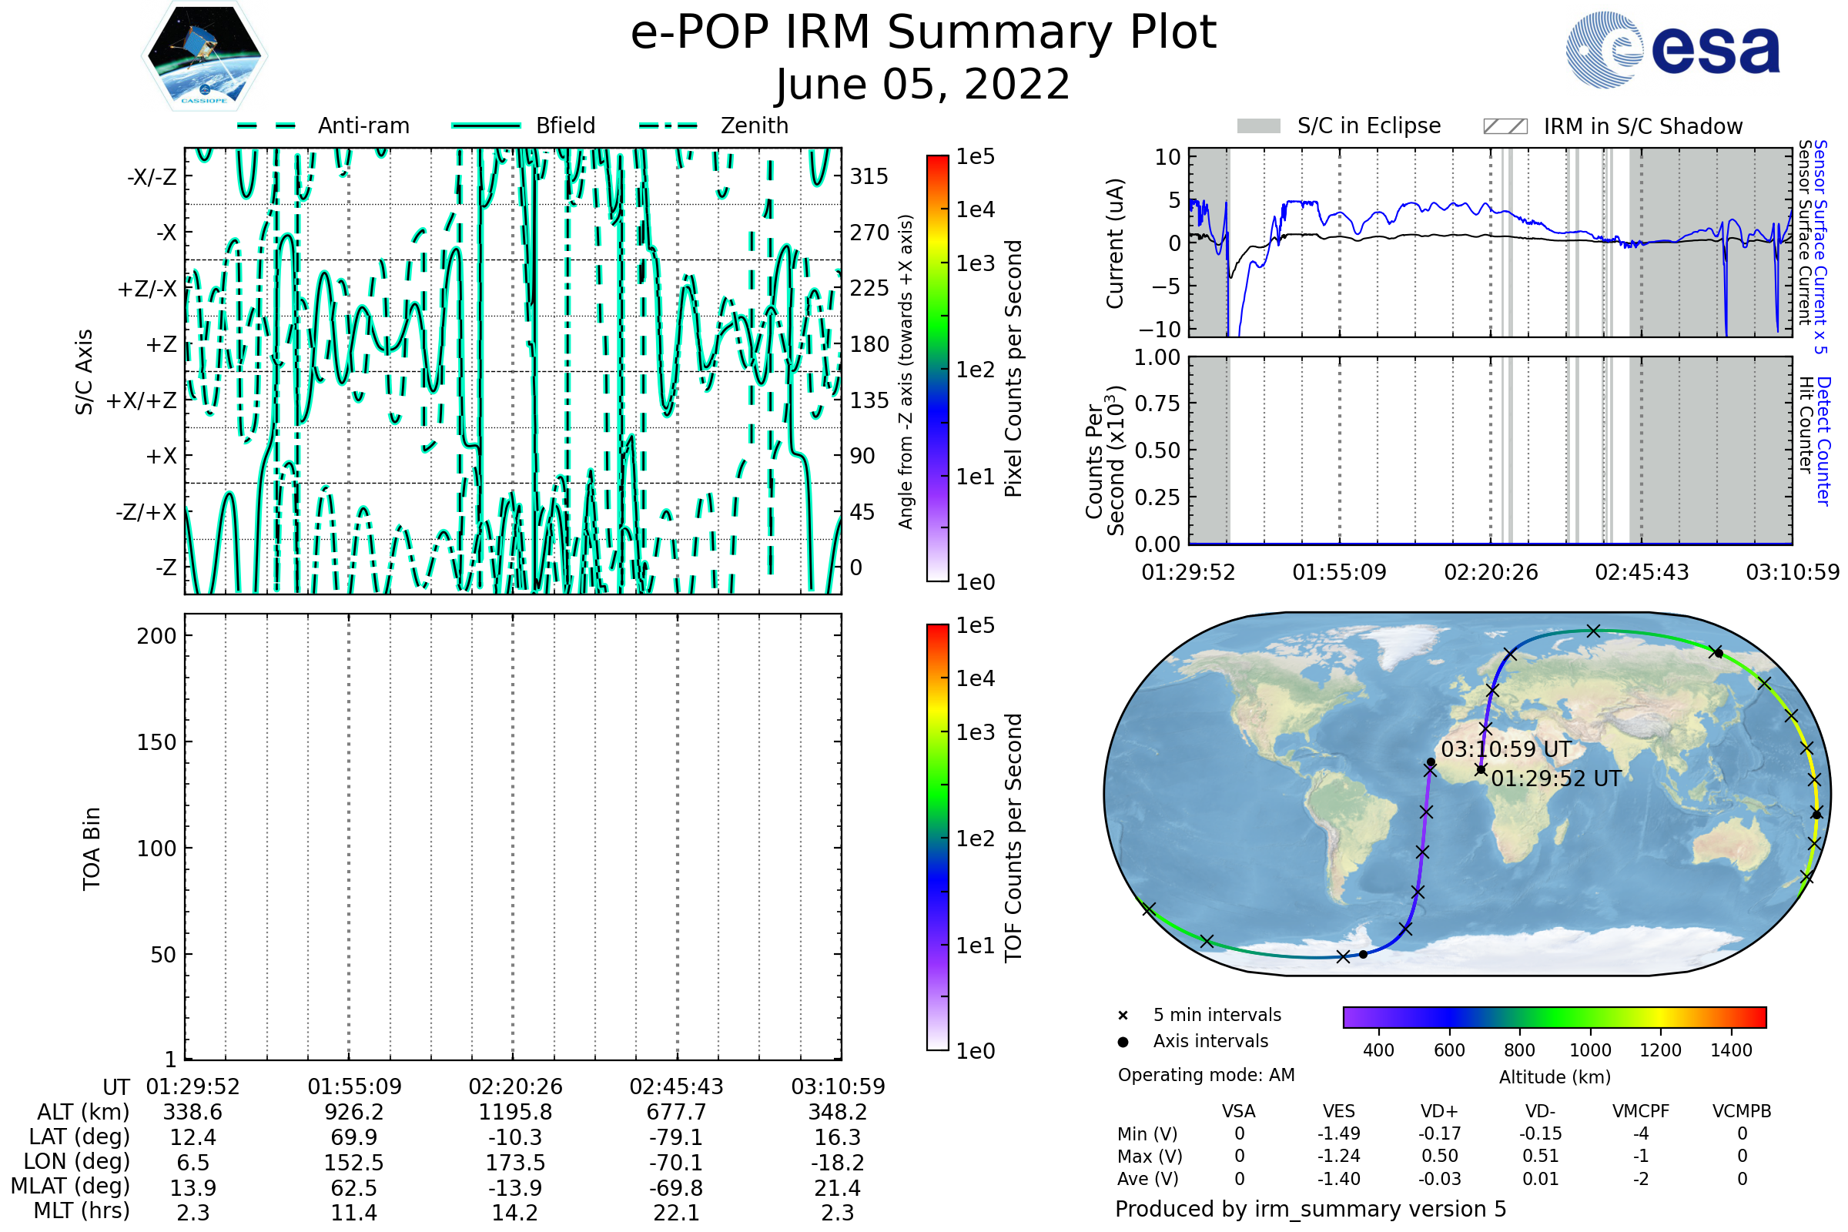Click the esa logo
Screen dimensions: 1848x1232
click(x=1672, y=49)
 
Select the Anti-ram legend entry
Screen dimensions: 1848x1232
click(x=323, y=126)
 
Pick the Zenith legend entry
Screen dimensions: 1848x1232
click(x=714, y=126)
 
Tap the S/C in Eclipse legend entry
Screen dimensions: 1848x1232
click(x=1339, y=126)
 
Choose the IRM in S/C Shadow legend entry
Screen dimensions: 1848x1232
click(x=1613, y=126)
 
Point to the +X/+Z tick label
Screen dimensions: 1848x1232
click(x=142, y=400)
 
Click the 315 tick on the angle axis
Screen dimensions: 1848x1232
click(x=869, y=176)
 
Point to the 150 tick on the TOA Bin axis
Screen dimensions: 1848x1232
click(x=156, y=742)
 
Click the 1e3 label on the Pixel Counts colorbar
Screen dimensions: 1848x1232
click(x=975, y=263)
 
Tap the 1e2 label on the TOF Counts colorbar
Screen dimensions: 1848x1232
click(x=975, y=839)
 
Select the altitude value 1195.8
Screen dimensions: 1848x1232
click(x=515, y=1113)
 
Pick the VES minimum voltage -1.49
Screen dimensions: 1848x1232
click(x=1339, y=1133)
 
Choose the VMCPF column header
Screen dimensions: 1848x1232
click(x=1641, y=1111)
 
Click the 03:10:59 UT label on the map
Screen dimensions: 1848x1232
click(x=1506, y=749)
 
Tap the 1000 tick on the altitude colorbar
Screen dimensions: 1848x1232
click(x=1590, y=1050)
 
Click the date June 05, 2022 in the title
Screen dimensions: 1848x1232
click(x=923, y=84)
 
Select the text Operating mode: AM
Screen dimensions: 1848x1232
click(x=1206, y=1075)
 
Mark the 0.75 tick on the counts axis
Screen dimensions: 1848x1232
click(x=1157, y=403)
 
